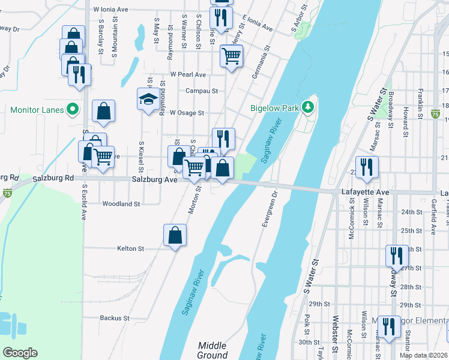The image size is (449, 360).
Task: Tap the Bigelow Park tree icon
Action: (x=309, y=107)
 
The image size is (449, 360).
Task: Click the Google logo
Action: (x=20, y=353)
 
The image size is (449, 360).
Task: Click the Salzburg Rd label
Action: (x=53, y=178)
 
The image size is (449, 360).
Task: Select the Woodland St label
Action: (x=121, y=204)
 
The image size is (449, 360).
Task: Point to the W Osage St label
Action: (x=187, y=112)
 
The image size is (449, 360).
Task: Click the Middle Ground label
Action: (x=212, y=350)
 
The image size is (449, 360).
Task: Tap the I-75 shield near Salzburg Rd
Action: (x=7, y=193)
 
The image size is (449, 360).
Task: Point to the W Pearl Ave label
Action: (x=188, y=75)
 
